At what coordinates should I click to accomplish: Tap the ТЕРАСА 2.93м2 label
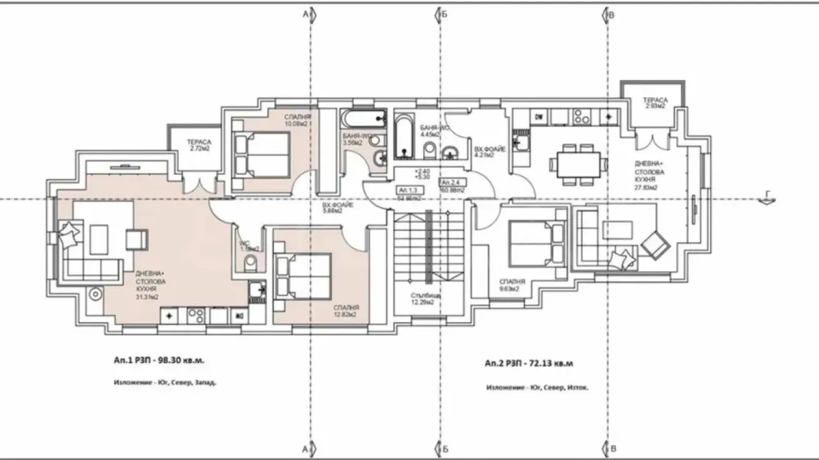click(656, 103)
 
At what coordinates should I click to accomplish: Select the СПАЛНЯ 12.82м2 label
click(345, 311)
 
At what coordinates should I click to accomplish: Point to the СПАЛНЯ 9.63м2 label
click(509, 285)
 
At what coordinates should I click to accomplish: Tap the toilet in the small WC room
click(250, 263)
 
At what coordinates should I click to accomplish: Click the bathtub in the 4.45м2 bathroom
click(403, 136)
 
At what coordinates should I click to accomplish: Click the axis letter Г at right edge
click(768, 194)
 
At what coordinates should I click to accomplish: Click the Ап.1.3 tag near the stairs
click(408, 190)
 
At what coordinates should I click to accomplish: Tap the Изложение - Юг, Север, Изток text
click(537, 388)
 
